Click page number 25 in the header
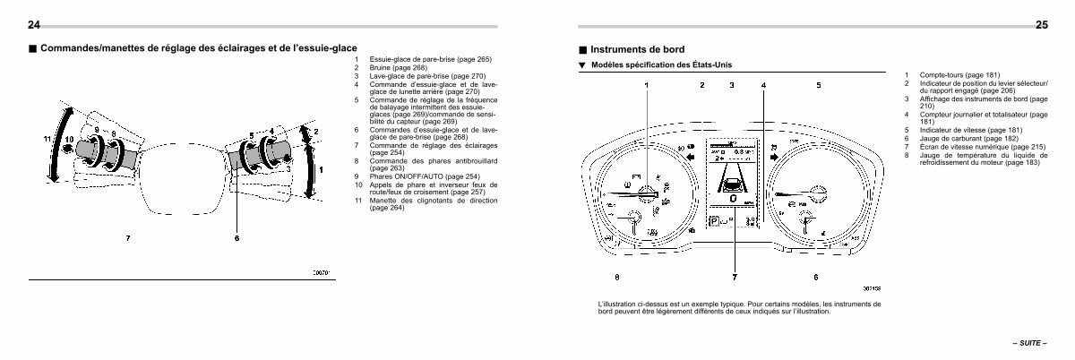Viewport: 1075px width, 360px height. pyautogui.click(x=1041, y=25)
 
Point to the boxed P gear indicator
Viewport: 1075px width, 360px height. pyautogui.click(x=714, y=219)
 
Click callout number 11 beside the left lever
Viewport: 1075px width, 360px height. pyautogui.click(x=48, y=139)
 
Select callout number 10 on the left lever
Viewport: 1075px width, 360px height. pyautogui.click(x=68, y=140)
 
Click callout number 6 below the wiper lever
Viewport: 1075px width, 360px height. pyautogui.click(x=237, y=238)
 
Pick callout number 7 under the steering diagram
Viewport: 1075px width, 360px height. pyautogui.click(x=128, y=238)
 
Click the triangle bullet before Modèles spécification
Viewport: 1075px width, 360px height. pyautogui.click(x=582, y=65)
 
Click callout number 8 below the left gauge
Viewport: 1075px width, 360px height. pyautogui.click(x=617, y=277)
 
